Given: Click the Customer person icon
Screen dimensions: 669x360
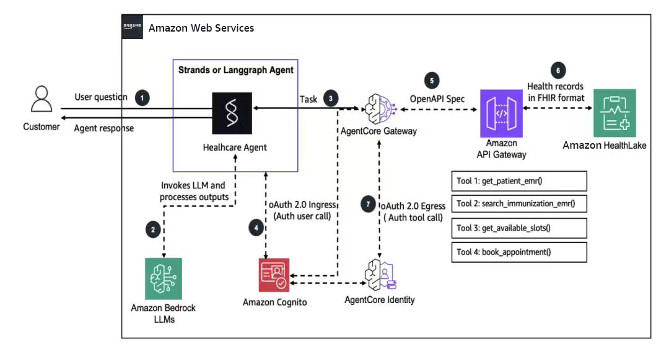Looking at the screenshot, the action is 42,99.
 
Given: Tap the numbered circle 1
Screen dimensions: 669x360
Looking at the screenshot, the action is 142,98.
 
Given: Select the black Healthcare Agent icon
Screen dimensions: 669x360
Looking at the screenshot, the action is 232,113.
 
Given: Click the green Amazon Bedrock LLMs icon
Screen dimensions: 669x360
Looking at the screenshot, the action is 164,279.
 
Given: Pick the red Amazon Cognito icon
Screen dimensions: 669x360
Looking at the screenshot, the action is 274,275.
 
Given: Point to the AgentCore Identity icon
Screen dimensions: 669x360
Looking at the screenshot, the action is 380,275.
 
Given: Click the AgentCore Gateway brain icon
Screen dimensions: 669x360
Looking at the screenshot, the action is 380,109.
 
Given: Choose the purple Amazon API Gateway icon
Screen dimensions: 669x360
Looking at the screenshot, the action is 501,113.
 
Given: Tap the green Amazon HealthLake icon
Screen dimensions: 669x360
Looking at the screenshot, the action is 614,113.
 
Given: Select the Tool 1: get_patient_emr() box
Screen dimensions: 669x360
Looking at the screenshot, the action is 519,181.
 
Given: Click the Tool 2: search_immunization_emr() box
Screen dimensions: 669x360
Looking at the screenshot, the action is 519,203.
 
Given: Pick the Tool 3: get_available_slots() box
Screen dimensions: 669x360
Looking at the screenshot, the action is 519,228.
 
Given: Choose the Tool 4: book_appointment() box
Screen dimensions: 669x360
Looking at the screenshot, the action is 519,252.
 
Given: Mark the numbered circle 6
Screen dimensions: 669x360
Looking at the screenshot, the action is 558,71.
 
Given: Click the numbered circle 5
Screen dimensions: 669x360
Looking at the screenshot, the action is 432,81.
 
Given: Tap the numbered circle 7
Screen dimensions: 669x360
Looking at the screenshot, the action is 368,204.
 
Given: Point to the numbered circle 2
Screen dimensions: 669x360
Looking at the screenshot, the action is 153,230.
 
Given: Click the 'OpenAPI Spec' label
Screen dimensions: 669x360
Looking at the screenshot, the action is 437,99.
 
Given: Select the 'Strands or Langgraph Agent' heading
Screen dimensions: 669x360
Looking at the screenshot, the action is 235,70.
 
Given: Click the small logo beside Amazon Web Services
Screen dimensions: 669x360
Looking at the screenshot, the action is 133,27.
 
